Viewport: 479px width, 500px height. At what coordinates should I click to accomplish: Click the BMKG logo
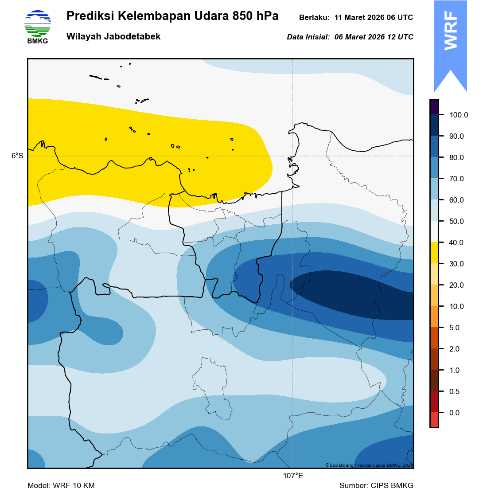click(38, 26)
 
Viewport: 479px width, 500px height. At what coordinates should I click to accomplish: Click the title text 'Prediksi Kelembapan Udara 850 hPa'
click(172, 16)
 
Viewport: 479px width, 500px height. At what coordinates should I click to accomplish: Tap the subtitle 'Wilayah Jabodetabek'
click(113, 37)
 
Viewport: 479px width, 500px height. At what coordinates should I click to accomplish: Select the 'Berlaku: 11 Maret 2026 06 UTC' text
click(356, 18)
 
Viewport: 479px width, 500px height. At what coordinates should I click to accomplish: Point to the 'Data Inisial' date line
click(350, 37)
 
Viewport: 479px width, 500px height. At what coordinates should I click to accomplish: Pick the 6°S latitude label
click(18, 156)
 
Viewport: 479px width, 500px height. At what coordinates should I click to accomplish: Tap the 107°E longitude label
click(293, 476)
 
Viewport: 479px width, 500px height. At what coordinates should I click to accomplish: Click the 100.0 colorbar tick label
click(459, 115)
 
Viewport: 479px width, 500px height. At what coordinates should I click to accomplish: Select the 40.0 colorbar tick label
click(456, 243)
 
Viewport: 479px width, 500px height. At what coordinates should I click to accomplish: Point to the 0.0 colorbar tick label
click(455, 413)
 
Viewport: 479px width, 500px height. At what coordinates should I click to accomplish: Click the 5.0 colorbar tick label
click(455, 328)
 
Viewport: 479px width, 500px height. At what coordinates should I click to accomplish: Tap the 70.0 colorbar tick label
click(456, 179)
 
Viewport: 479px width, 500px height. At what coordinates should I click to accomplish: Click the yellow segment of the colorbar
click(434, 253)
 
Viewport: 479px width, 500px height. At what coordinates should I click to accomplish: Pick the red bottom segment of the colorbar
click(434, 420)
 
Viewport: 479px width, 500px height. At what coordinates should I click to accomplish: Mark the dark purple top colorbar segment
click(434, 107)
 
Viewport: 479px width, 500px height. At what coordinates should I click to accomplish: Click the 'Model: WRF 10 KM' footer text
click(61, 486)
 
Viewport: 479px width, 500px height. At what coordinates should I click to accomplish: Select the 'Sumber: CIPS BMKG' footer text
click(376, 486)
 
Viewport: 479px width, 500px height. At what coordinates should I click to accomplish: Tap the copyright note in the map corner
click(369, 465)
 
